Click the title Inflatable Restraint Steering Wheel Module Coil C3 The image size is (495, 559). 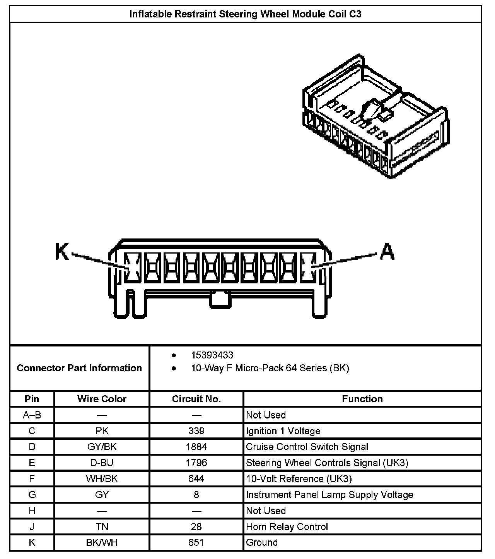click(245, 14)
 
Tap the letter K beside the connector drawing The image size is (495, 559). click(62, 252)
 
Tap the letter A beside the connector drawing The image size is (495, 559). click(387, 252)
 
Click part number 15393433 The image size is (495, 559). click(212, 355)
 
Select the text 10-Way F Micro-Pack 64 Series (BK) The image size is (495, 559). click(270, 368)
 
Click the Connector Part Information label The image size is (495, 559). click(79, 368)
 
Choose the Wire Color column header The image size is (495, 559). click(102, 399)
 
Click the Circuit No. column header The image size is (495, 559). click(196, 399)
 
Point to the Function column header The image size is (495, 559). click(362, 399)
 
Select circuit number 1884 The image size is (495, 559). click(196, 447)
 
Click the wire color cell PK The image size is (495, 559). click(102, 431)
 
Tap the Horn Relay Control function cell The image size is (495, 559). click(287, 527)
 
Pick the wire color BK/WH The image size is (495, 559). click(102, 543)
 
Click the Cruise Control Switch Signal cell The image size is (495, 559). click(307, 447)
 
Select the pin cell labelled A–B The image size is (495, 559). click(32, 415)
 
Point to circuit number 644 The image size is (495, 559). click(196, 479)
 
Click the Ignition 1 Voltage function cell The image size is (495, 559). click(283, 431)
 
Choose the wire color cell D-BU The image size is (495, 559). click(102, 463)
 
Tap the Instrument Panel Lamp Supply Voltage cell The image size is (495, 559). click(329, 495)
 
